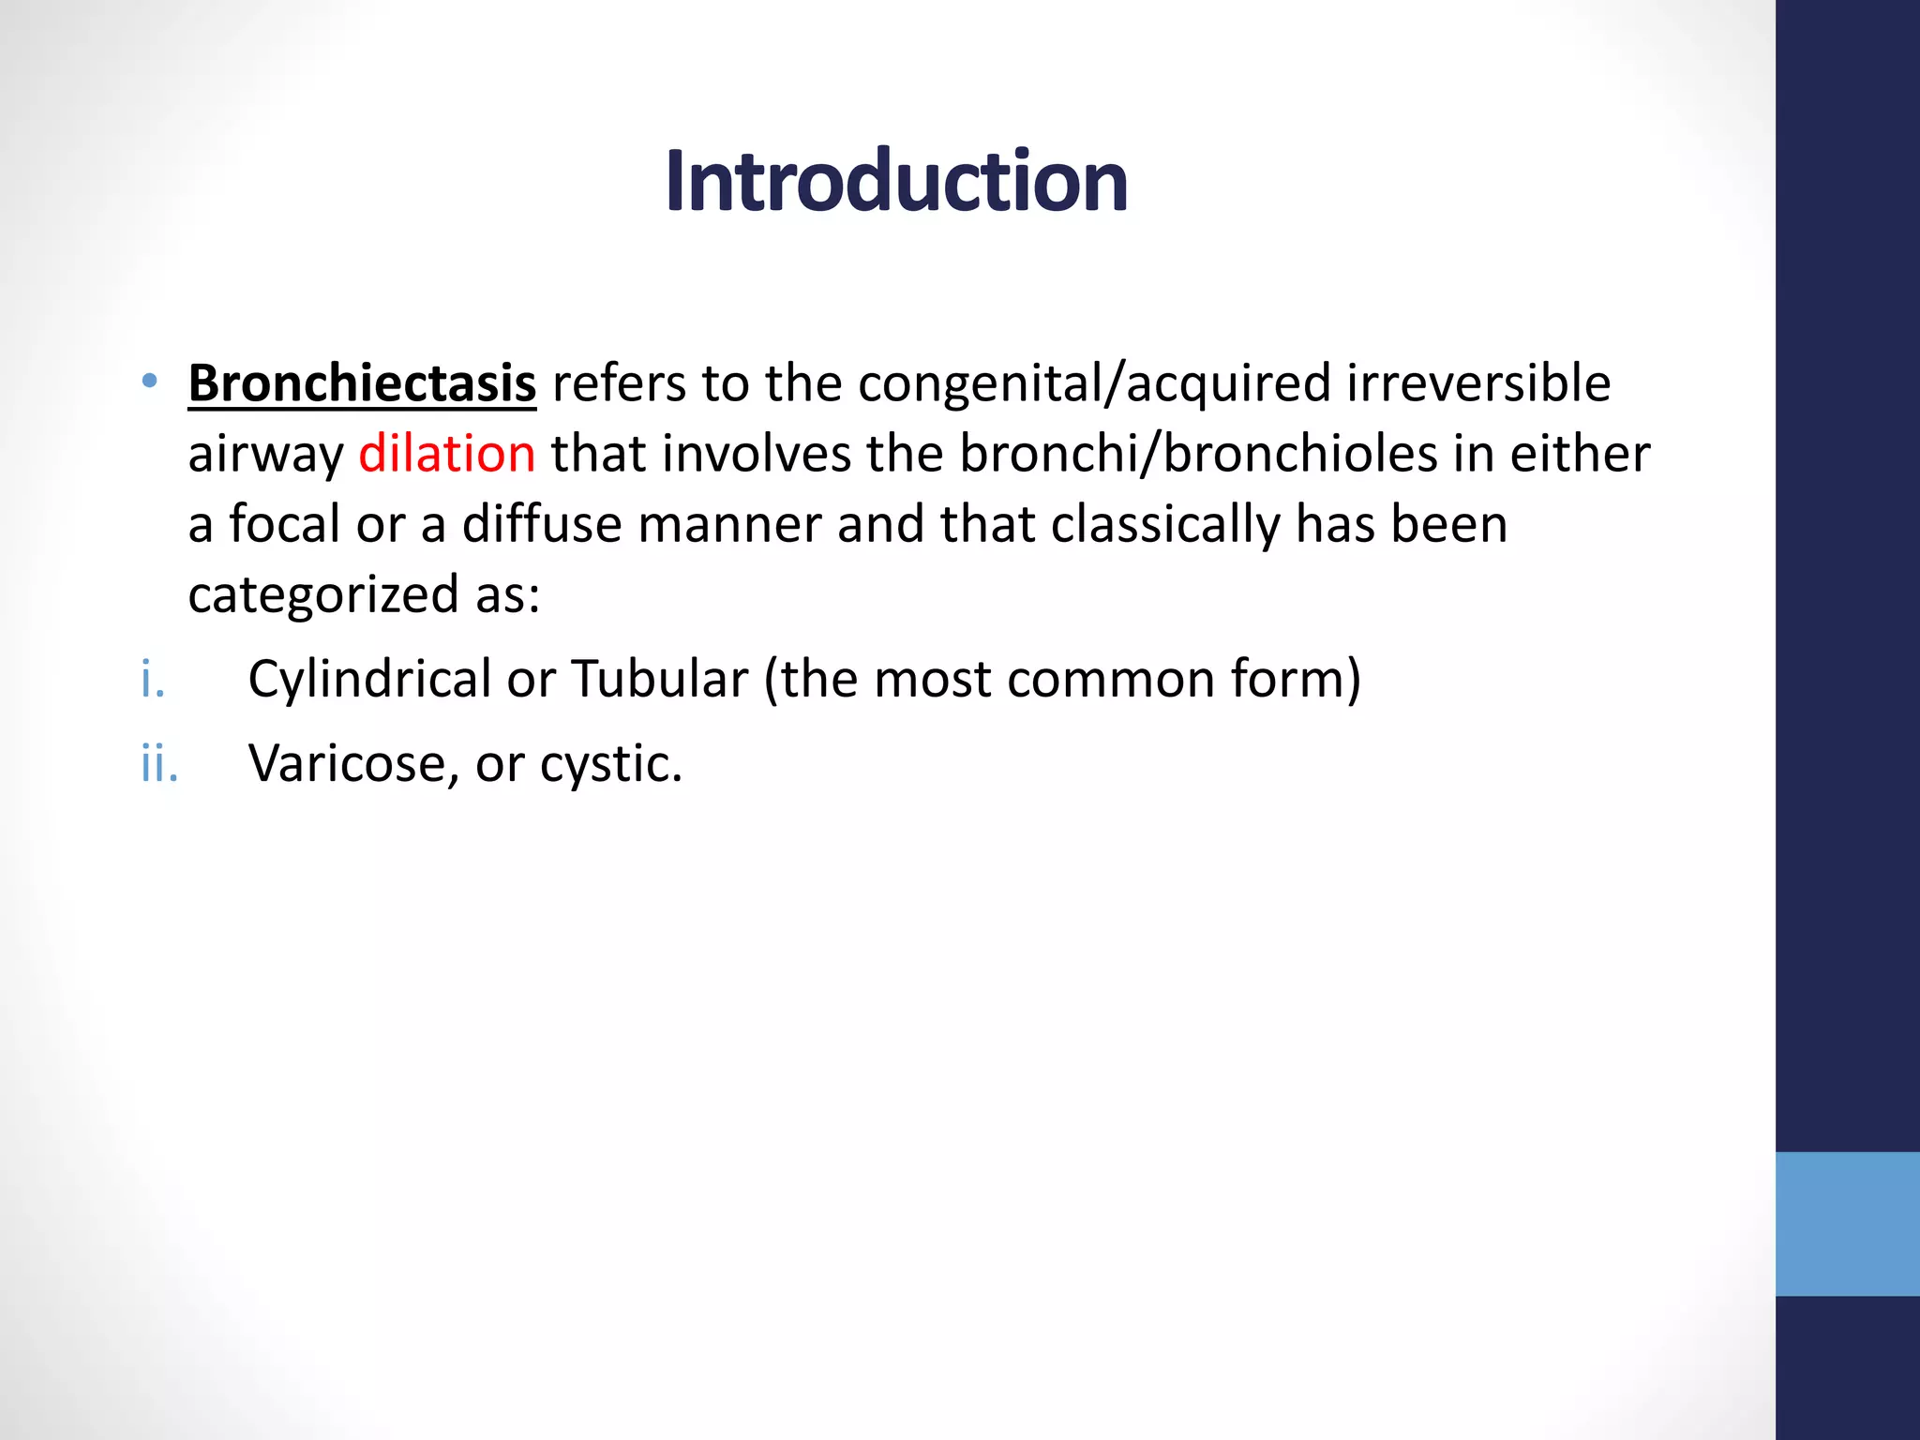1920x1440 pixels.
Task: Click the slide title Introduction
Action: click(896, 182)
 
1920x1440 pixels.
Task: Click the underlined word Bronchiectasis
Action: click(362, 383)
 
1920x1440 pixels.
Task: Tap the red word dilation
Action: click(446, 454)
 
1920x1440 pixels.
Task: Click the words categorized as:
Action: click(364, 594)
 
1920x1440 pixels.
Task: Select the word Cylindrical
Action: click(369, 679)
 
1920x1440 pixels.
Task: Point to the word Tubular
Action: click(660, 679)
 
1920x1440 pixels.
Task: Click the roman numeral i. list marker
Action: click(152, 679)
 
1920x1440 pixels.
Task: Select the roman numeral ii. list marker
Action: click(158, 763)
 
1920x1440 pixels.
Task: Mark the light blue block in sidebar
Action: click(1847, 1223)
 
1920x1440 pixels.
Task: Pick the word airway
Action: click(265, 456)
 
